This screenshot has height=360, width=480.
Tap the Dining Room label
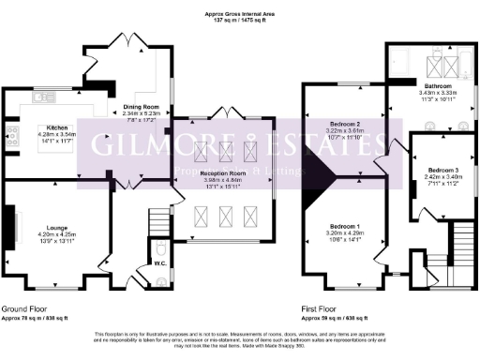point(139,107)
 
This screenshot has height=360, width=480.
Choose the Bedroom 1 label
point(344,225)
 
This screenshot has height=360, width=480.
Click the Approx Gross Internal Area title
point(240,12)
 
